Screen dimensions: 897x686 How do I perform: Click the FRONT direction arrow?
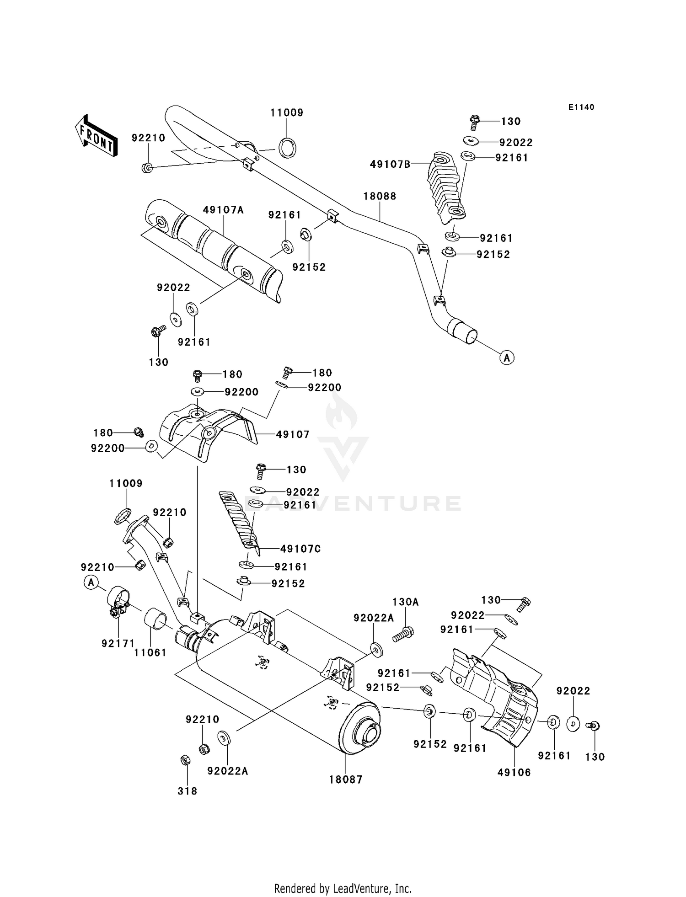[96, 135]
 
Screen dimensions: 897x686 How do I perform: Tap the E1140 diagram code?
[581, 107]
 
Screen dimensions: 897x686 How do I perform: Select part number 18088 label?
[380, 196]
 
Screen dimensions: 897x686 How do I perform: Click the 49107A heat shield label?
[223, 210]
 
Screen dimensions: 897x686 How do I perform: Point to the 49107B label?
[390, 164]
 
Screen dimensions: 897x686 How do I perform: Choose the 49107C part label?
[300, 549]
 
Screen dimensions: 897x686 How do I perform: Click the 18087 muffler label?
[346, 780]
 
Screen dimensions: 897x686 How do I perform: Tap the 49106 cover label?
[514, 772]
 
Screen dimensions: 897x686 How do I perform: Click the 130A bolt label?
[405, 602]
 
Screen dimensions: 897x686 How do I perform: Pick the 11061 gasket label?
[150, 652]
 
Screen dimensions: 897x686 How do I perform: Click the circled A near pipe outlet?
[506, 358]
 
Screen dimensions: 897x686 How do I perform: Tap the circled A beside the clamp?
[91, 582]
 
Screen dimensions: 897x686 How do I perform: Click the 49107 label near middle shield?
[293, 434]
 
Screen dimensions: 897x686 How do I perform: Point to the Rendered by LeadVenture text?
[343, 888]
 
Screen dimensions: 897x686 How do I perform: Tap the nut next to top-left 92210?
[147, 167]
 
